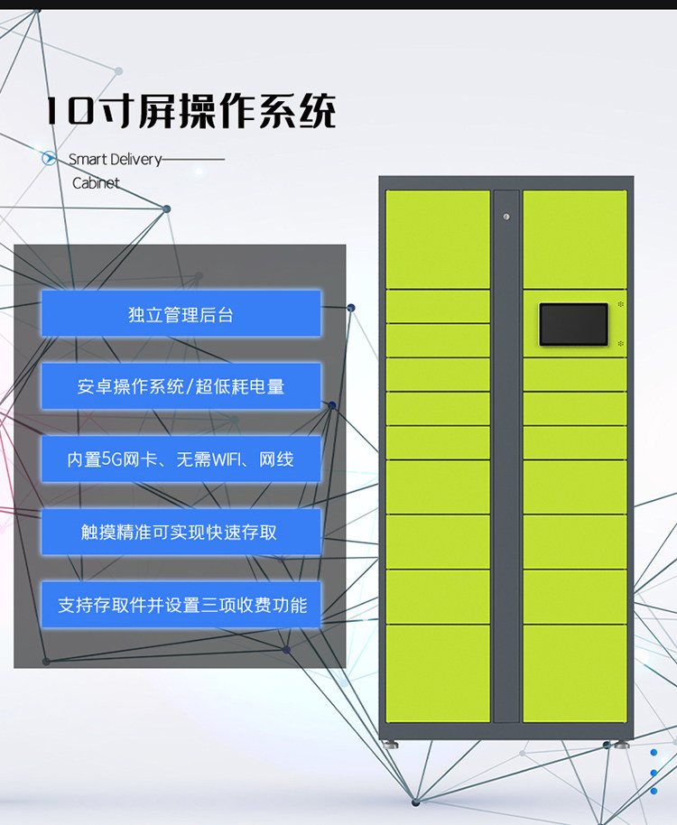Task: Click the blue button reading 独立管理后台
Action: (x=181, y=314)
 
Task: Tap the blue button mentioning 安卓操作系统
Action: (x=181, y=386)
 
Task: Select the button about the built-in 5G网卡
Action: (x=181, y=459)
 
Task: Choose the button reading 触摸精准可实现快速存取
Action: (x=181, y=532)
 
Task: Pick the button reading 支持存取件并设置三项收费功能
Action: (x=181, y=605)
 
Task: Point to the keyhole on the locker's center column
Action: (x=506, y=217)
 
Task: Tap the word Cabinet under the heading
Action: (x=96, y=183)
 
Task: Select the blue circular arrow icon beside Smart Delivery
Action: (x=50, y=159)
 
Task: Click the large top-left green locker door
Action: (x=438, y=238)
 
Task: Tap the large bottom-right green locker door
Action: (x=574, y=673)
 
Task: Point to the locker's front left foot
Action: (x=390, y=745)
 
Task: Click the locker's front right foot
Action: (x=622, y=745)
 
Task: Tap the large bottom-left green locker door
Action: (x=438, y=673)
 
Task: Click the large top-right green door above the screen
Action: (x=574, y=238)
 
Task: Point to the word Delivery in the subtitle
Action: (x=135, y=160)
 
